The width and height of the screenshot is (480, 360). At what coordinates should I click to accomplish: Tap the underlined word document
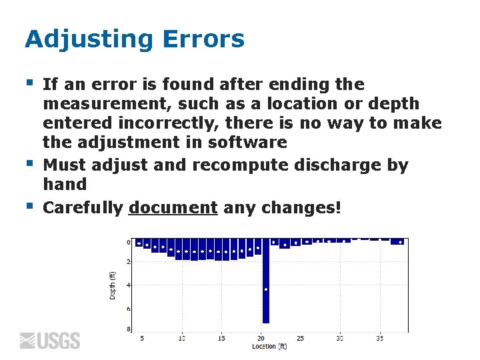[x=173, y=208]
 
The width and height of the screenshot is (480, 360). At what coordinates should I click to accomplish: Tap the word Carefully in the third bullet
[x=83, y=208]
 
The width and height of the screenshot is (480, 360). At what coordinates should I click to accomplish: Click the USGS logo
[x=50, y=341]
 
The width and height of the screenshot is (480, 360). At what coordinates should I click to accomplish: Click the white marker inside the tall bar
[x=266, y=289]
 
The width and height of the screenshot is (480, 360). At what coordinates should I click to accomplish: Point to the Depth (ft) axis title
[x=112, y=283]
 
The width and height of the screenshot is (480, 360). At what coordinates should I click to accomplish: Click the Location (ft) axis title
[x=269, y=347]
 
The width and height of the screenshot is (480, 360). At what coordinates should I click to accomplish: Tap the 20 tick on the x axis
[x=261, y=339]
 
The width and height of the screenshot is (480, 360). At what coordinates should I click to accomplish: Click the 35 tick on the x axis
[x=379, y=339]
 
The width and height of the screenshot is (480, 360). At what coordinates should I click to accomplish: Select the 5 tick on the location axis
[x=142, y=339]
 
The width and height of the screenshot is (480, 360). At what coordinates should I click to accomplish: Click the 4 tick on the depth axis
[x=129, y=285]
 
